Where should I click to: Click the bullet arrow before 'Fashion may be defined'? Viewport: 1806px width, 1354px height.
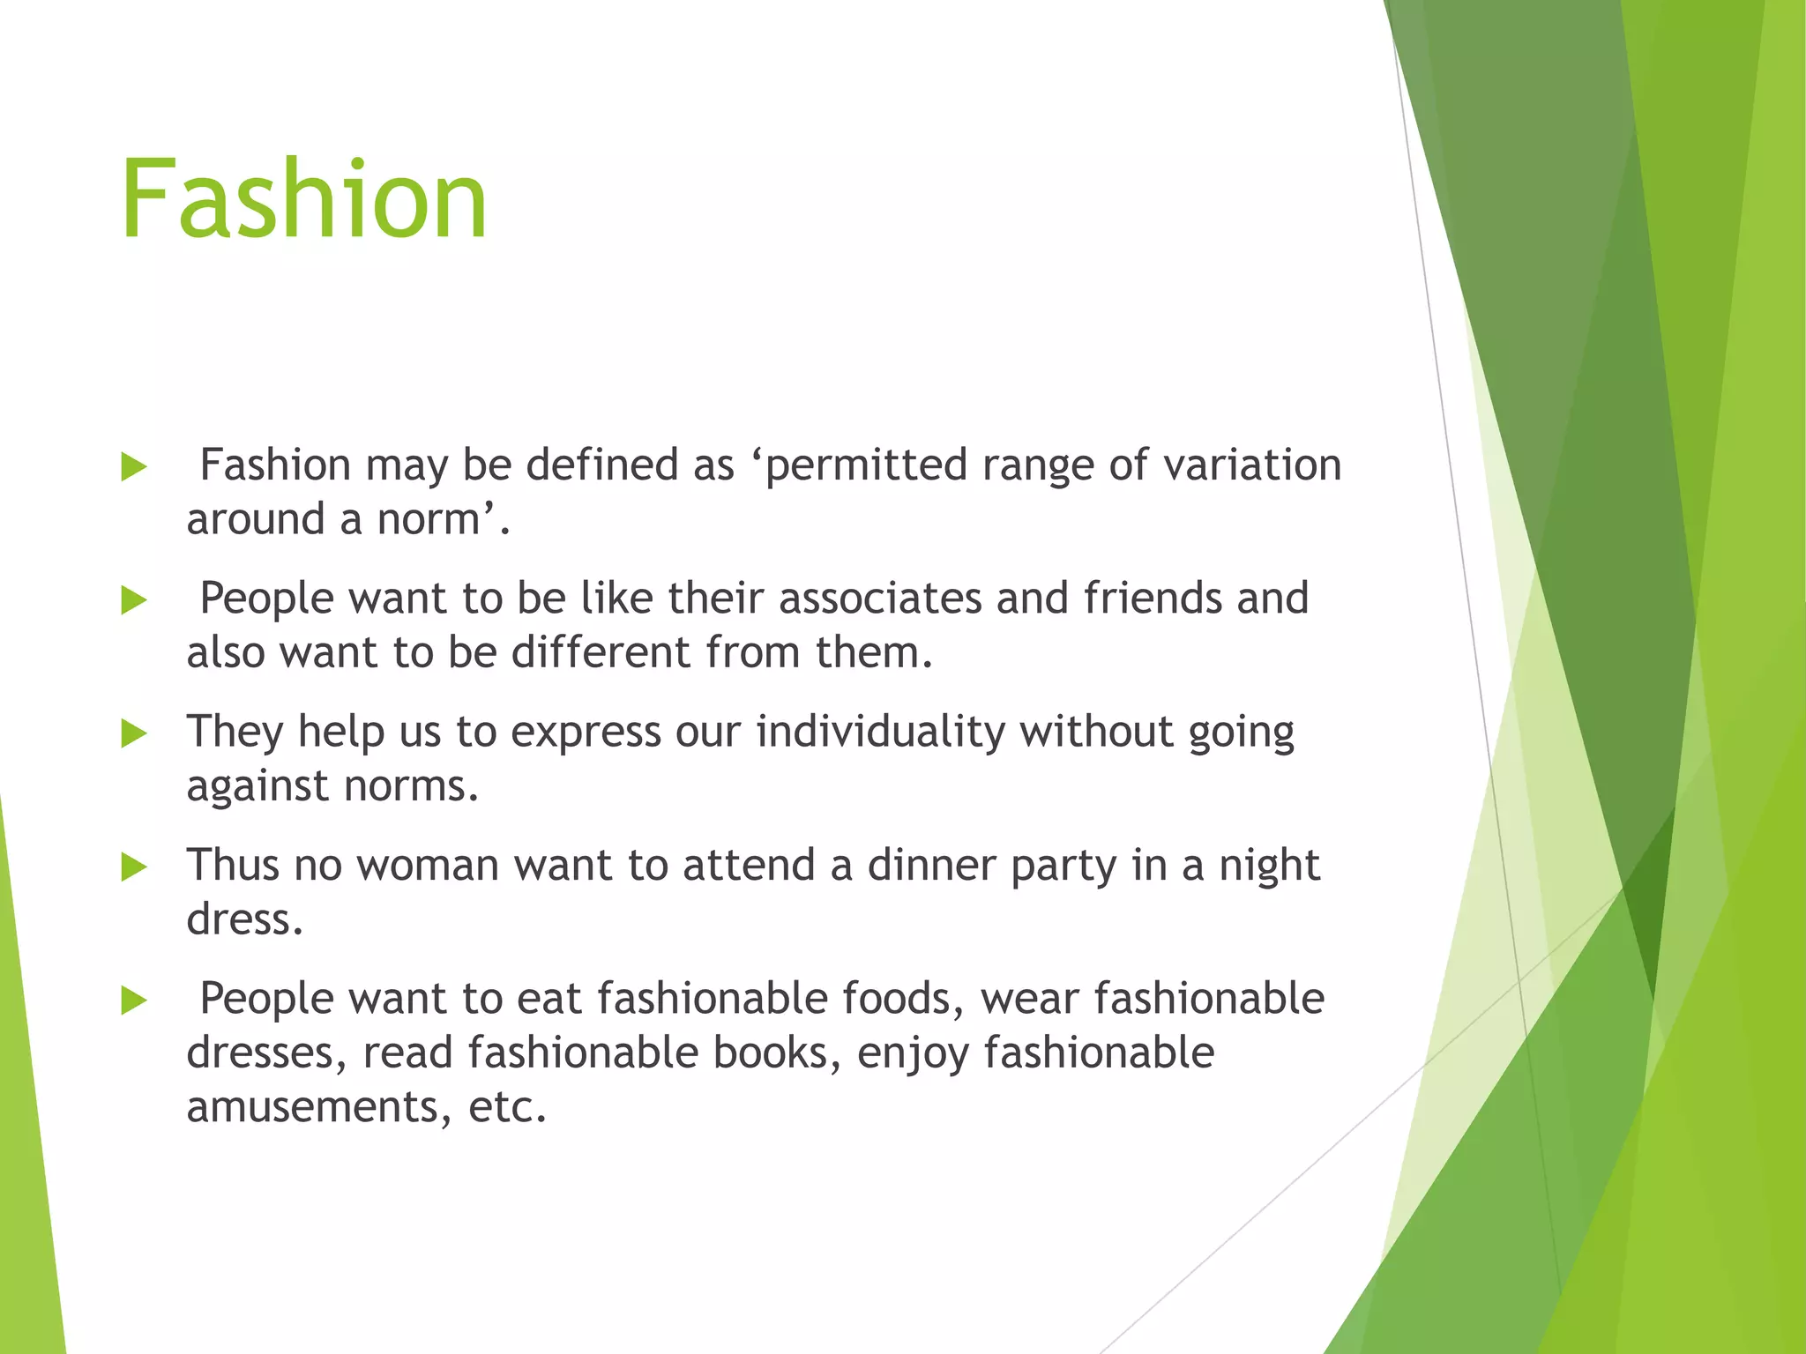[133, 467]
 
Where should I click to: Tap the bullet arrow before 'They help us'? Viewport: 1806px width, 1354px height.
[133, 733]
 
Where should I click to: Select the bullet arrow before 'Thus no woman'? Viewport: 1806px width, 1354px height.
[133, 867]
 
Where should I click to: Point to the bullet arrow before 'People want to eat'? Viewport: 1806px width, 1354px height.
[133, 1001]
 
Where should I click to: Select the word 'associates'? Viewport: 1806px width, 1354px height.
[880, 599]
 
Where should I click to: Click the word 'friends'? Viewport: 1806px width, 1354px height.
[1153, 599]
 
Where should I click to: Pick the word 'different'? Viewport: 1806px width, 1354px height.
[601, 653]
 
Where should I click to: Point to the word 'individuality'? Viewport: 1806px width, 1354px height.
[880, 733]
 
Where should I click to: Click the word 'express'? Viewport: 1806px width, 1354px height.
[586, 733]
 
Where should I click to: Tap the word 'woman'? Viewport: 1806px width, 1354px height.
[428, 866]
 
